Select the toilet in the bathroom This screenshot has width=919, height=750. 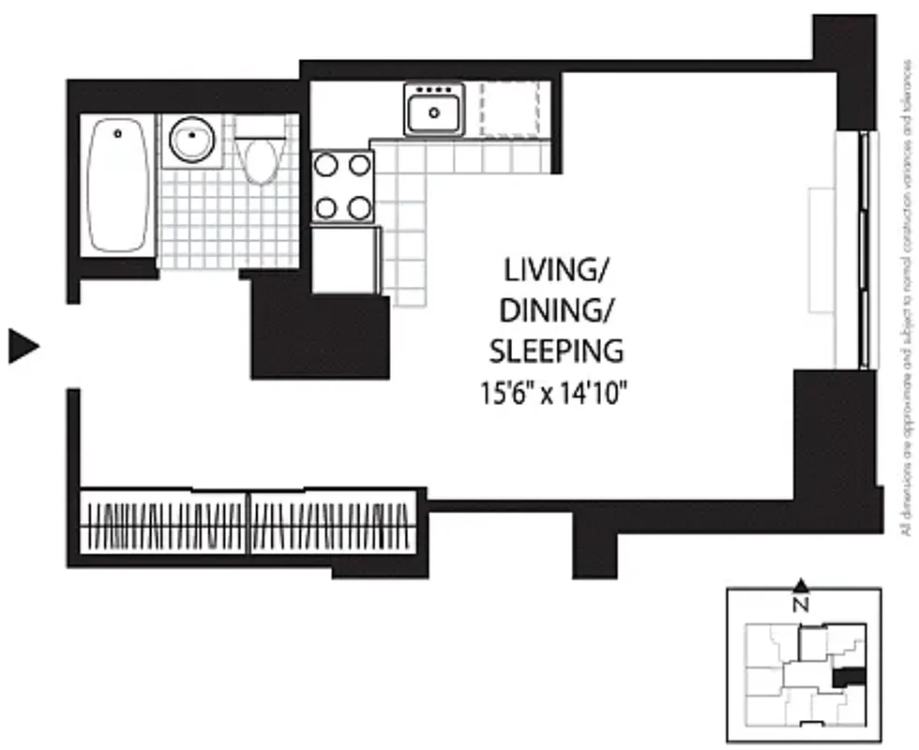(260, 155)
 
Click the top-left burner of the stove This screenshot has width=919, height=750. (325, 166)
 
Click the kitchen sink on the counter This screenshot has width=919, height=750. (435, 111)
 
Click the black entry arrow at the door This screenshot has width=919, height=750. (23, 346)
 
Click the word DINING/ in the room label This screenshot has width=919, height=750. (555, 311)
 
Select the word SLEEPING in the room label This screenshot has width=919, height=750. (555, 351)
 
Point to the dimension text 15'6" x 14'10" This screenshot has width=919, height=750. (555, 391)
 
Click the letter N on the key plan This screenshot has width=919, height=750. (801, 605)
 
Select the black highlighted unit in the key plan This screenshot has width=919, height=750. (849, 676)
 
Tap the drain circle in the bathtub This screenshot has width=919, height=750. (118, 134)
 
